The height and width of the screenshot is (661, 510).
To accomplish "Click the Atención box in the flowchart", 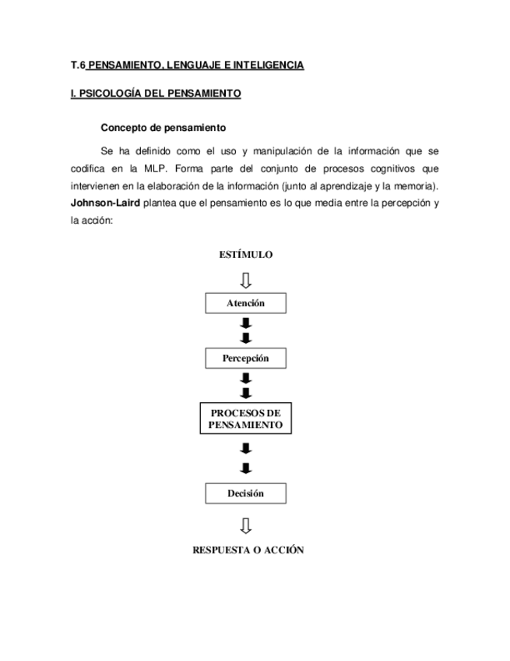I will (245, 303).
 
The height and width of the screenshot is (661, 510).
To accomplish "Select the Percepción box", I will (245, 359).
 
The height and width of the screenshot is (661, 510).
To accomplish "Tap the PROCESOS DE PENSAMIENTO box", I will (245, 419).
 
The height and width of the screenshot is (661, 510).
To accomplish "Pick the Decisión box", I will (245, 493).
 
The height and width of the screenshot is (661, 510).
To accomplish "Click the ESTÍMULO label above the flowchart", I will (245, 255).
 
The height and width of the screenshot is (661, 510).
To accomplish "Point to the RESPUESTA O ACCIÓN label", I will (248, 550).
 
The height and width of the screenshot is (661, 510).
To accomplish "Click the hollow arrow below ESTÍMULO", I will (246, 279).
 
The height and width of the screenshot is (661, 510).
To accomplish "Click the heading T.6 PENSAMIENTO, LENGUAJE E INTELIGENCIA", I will (187, 65).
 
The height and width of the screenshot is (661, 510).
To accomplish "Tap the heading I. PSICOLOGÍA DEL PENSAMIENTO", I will (156, 94).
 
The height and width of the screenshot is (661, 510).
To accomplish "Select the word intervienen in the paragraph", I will (94, 186).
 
